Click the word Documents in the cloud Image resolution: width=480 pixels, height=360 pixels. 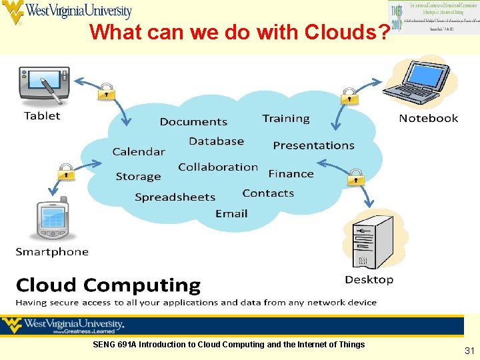point(193,122)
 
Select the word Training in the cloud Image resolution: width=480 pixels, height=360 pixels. point(286,119)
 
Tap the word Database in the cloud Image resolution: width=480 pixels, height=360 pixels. point(216,141)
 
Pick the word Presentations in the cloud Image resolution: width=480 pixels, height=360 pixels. point(313,145)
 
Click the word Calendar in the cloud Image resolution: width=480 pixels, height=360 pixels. point(138,151)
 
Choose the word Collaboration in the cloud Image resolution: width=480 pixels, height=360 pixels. point(218,167)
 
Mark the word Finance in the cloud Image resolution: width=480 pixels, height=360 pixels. point(291,173)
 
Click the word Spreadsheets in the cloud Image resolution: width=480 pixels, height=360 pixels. point(175,197)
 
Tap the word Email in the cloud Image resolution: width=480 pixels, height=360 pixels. point(231,213)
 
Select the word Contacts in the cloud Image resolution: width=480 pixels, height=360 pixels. point(268,193)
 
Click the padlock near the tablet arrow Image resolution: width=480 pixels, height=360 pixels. point(107,91)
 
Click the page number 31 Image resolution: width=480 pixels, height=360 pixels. point(469,351)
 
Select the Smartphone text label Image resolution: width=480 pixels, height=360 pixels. point(52,252)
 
